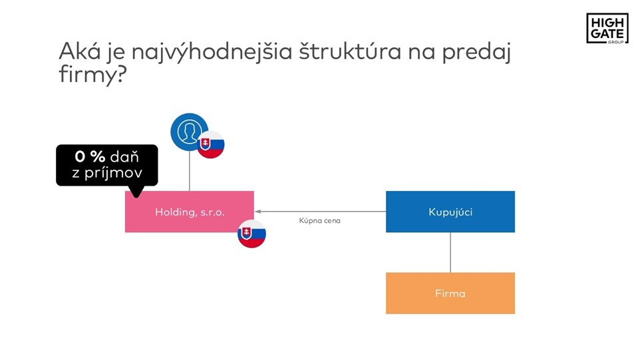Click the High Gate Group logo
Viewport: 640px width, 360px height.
tap(607, 28)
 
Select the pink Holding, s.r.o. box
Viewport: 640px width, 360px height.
tap(190, 212)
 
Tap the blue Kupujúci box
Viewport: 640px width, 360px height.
tap(450, 212)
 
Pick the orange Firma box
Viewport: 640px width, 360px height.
tap(450, 293)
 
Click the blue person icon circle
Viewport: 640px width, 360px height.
tap(189, 132)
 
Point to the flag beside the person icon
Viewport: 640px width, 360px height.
tap(211, 144)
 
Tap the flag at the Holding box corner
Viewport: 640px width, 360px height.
tap(252, 234)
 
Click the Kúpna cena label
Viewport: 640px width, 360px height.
tap(319, 221)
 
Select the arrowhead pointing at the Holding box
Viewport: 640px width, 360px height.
tap(258, 212)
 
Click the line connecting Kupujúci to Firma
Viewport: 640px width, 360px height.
tap(450, 252)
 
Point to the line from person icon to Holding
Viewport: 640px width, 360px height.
tap(190, 171)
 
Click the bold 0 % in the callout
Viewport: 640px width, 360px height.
tap(90, 156)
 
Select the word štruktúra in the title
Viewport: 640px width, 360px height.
tap(350, 52)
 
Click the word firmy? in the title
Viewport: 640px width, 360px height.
tap(92, 75)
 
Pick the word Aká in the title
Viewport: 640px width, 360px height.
tap(80, 51)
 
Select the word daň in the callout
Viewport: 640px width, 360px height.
tap(124, 156)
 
